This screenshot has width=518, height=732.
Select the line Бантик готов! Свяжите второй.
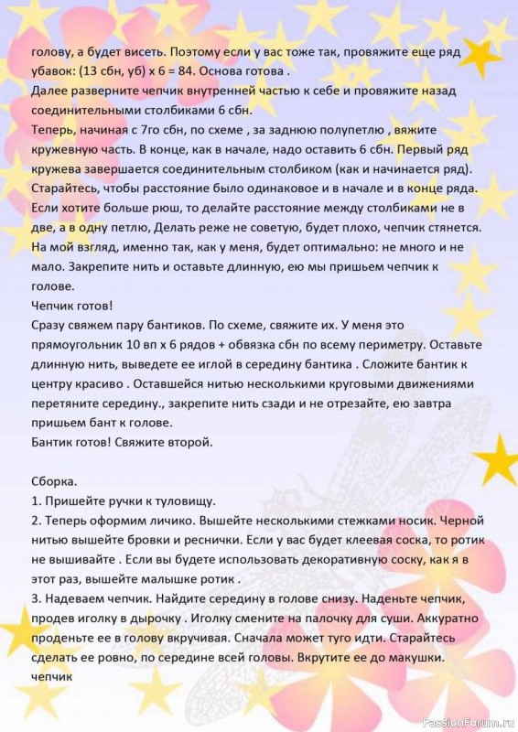pyautogui.click(x=122, y=442)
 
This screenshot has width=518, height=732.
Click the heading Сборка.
pyautogui.click(x=54, y=481)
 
